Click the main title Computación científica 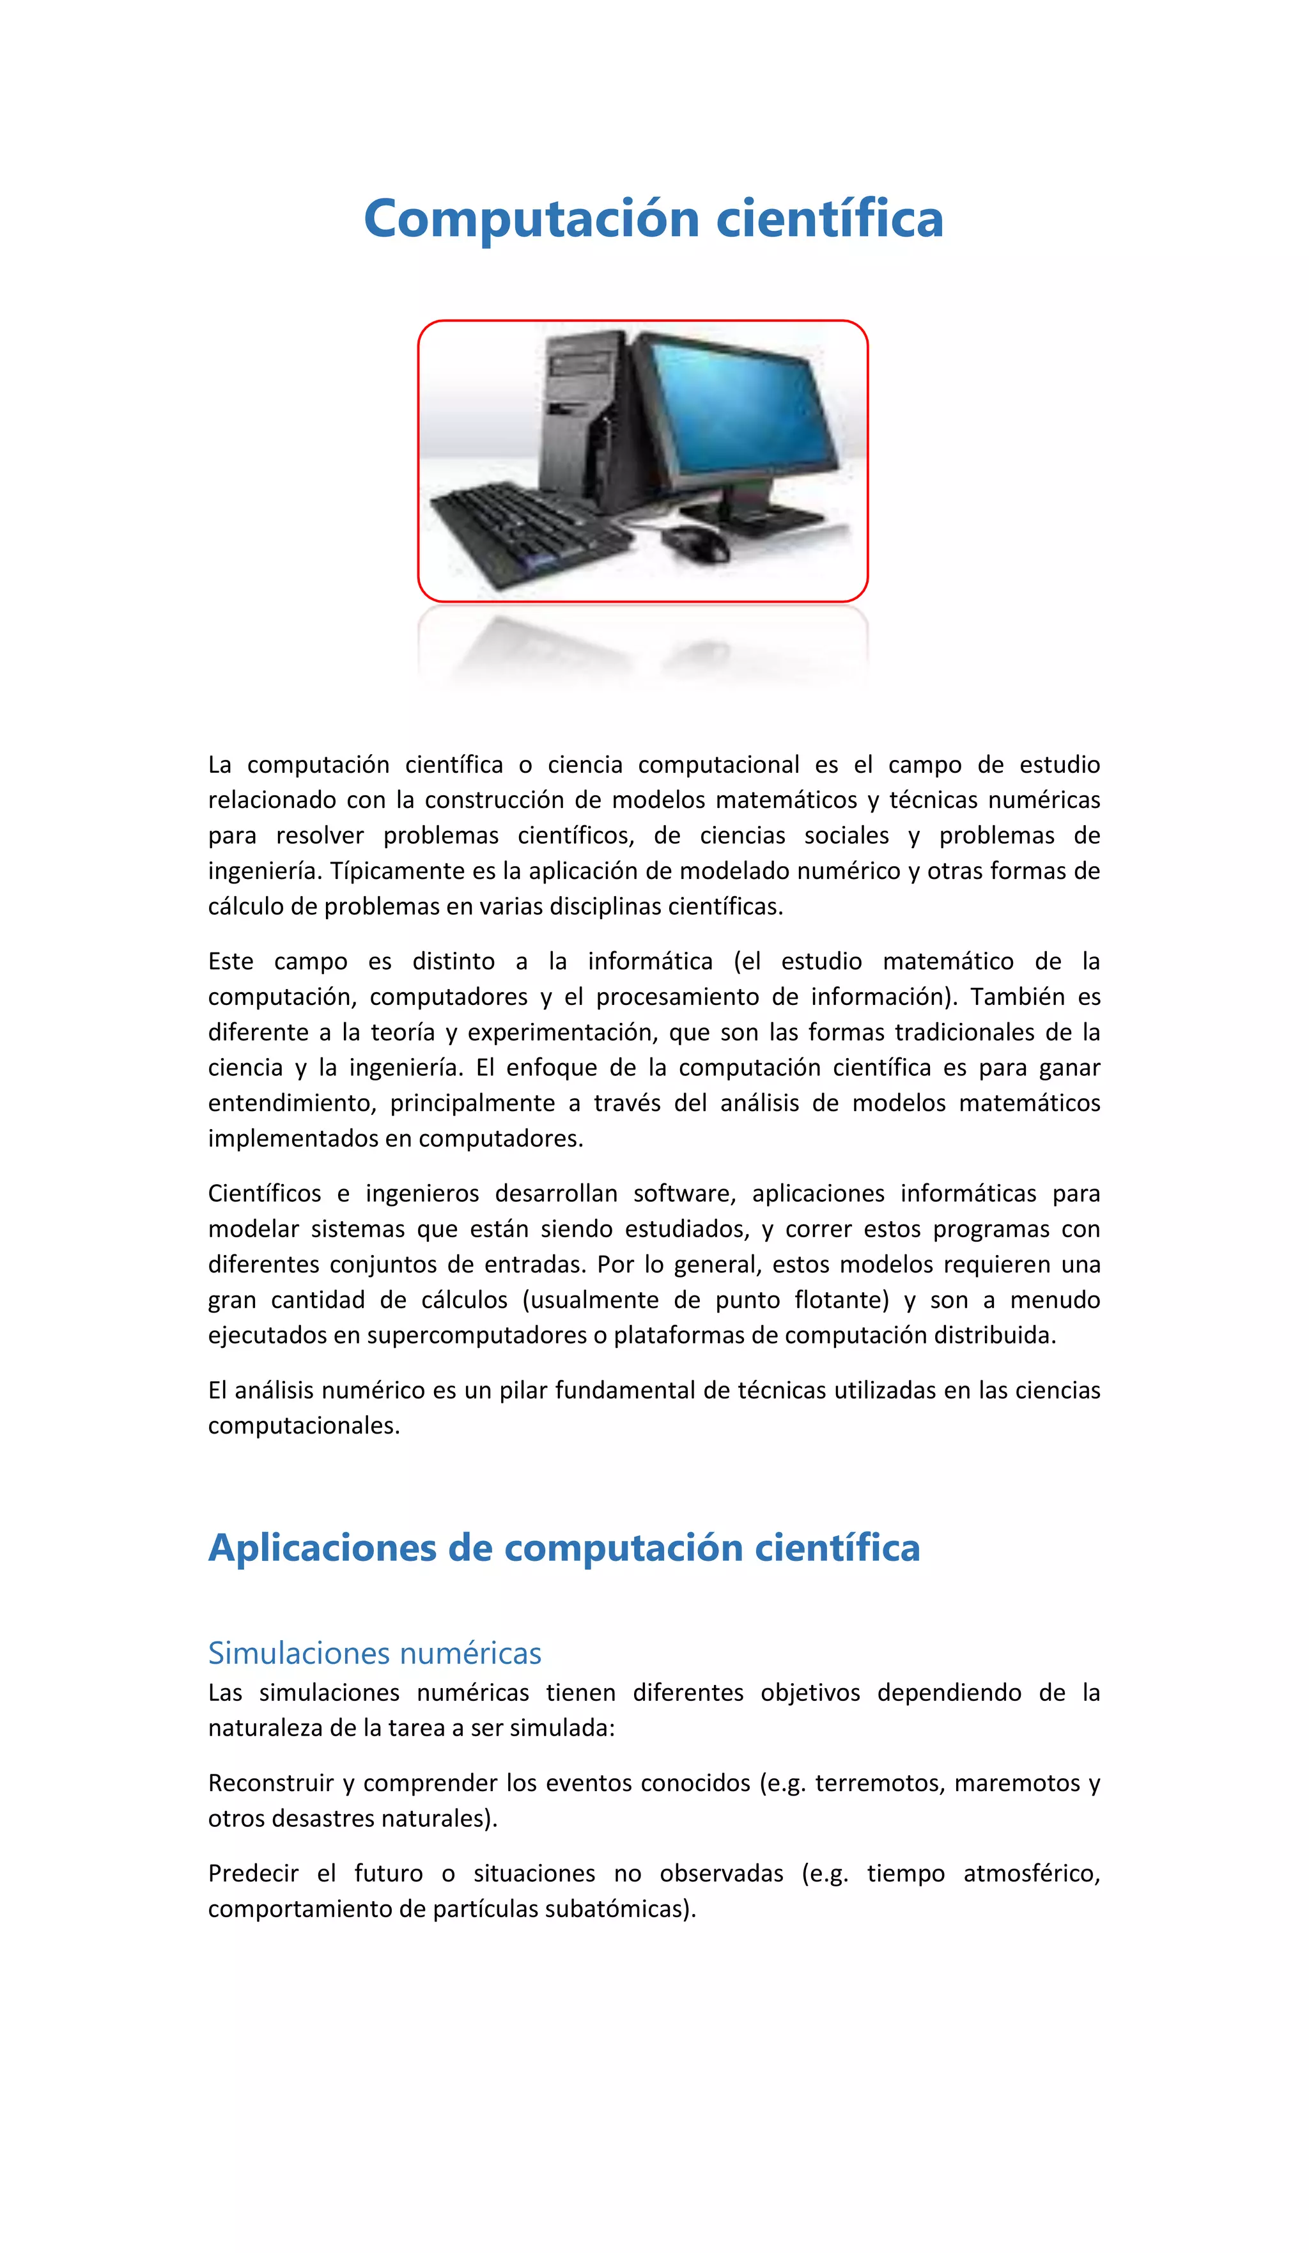pos(653,219)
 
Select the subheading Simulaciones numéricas pos(375,1653)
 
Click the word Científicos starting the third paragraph pos(265,1194)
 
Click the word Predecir pos(253,1873)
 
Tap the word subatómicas pos(638,1909)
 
